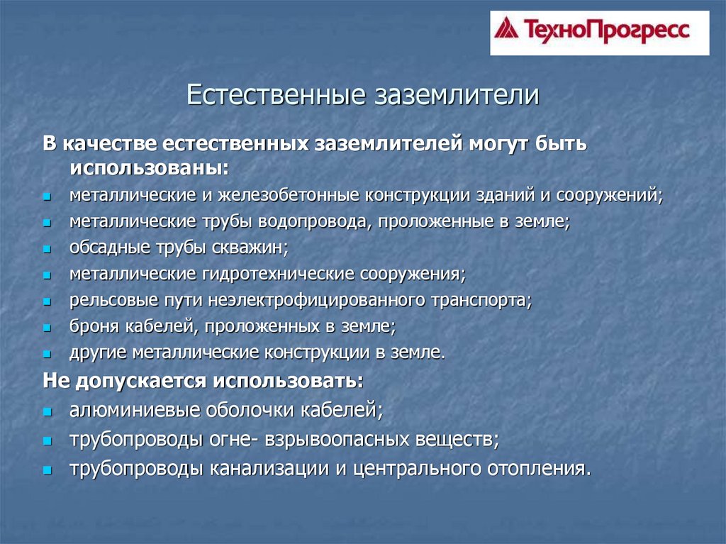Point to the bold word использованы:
(x=150, y=168)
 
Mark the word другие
(x=98, y=353)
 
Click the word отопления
(x=539, y=469)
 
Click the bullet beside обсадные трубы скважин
(x=47, y=249)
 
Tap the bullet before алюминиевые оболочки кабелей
(x=48, y=411)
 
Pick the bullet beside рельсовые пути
(x=47, y=301)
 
